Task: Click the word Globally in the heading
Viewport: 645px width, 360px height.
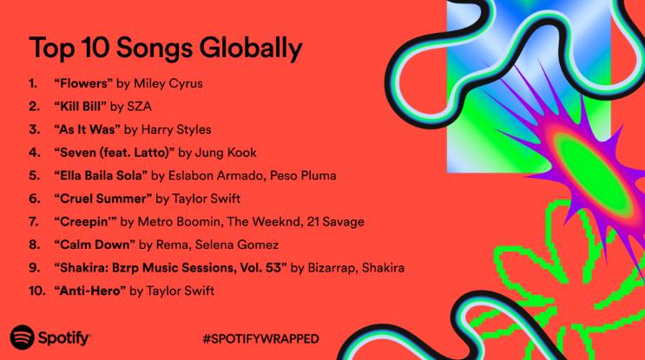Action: [x=251, y=49]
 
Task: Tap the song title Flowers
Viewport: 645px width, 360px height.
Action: [x=83, y=83]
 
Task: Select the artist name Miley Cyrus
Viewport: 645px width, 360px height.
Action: [x=168, y=84]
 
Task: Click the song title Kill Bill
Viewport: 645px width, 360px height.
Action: [x=80, y=107]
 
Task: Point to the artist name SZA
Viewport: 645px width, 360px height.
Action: [x=140, y=107]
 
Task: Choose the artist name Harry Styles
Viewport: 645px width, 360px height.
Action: [x=176, y=130]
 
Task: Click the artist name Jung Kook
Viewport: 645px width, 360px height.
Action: [x=226, y=153]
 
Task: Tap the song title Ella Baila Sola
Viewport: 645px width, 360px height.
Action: [x=101, y=175]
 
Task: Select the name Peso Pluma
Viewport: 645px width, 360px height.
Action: [x=303, y=175]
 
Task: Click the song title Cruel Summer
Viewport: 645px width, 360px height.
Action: [x=102, y=199]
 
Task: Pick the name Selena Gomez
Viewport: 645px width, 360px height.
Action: [x=236, y=245]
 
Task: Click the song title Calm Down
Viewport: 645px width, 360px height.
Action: [x=95, y=245]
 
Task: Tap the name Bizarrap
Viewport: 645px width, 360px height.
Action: [x=332, y=268]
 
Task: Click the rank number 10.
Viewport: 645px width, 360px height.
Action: [x=36, y=291]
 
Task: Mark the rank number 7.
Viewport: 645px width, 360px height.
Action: [x=34, y=222]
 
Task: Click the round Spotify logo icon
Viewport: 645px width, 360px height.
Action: [x=23, y=337]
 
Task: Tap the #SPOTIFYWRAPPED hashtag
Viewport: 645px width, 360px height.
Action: [x=260, y=339]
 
